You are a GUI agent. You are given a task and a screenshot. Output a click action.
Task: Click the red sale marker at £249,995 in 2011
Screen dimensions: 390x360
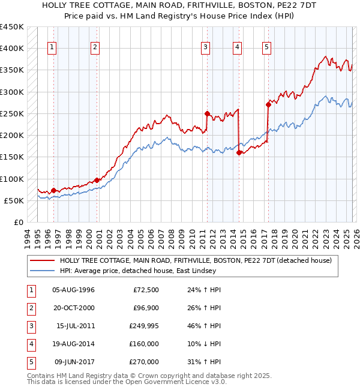[206, 113]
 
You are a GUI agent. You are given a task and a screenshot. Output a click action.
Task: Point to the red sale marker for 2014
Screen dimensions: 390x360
[239, 152]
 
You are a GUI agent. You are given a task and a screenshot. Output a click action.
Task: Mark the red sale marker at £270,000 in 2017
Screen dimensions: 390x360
[268, 104]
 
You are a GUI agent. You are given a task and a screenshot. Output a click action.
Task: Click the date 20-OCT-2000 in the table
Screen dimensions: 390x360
[73, 308]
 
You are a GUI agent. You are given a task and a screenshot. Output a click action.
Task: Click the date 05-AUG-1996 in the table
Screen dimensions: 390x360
[73, 290]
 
